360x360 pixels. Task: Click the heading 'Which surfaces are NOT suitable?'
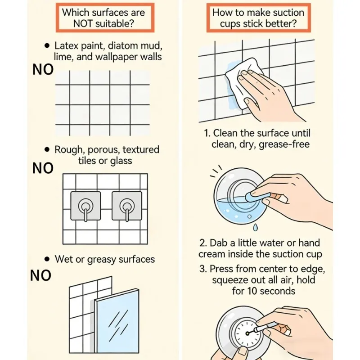click(x=103, y=18)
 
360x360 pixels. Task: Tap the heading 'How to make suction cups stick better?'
click(x=258, y=18)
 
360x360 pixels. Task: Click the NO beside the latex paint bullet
click(x=43, y=70)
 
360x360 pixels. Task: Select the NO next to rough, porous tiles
click(x=43, y=168)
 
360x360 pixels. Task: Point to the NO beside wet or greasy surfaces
click(x=40, y=275)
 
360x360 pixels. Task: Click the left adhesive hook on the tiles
click(x=85, y=206)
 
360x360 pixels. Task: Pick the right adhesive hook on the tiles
click(x=127, y=206)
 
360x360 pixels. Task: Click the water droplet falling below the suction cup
click(x=255, y=227)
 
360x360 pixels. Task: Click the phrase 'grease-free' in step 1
click(x=284, y=144)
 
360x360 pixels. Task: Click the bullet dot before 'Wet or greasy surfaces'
click(x=47, y=259)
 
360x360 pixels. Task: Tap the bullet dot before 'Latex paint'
click(x=47, y=46)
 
